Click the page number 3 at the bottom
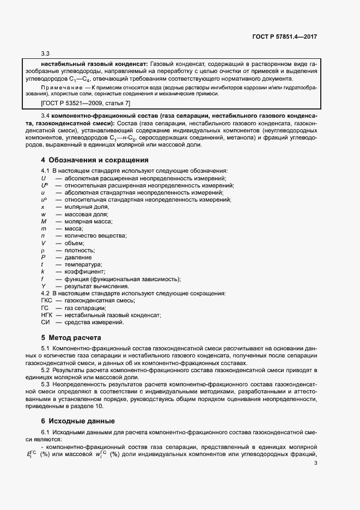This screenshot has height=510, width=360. [316, 464]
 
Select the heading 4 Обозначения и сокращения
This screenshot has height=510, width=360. [95, 160]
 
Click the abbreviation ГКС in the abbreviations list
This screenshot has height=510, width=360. [47, 300]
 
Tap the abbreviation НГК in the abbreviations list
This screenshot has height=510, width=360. [47, 315]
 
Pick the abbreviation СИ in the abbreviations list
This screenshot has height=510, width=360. [45, 322]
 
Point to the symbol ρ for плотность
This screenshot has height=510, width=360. [43, 250]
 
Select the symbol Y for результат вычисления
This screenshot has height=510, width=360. [43, 286]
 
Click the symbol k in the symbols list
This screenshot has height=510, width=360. [42, 271]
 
